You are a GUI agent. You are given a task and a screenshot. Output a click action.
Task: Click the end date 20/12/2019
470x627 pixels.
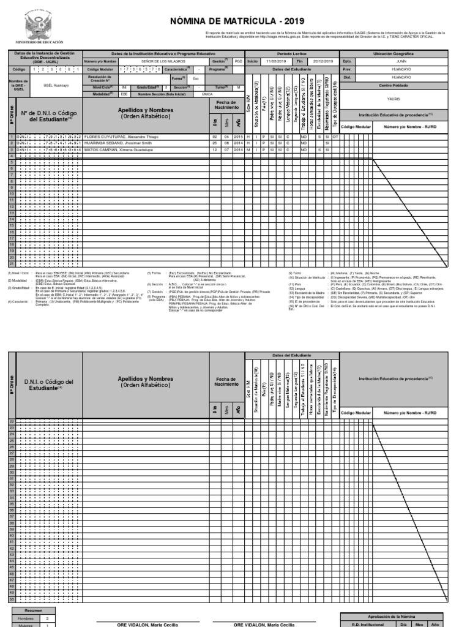point(322,62)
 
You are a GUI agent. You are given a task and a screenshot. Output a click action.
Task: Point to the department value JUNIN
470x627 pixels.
point(401,62)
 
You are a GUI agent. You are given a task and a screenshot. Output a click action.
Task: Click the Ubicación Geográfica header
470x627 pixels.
point(401,54)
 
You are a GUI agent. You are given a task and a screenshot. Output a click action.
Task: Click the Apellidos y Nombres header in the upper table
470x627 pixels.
point(146,113)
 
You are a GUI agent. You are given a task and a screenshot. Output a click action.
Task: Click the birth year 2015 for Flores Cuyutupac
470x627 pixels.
point(239,137)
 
